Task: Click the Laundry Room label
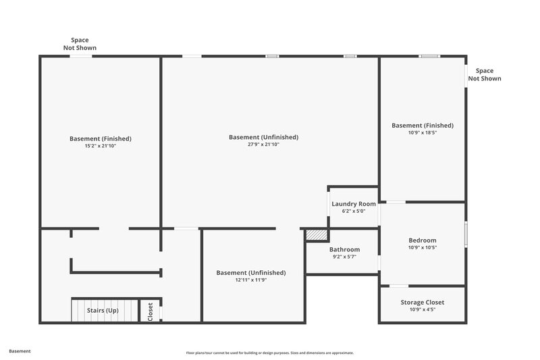pos(354,203)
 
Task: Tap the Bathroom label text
pos(344,249)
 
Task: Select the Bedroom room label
pos(423,240)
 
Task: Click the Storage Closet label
pos(423,302)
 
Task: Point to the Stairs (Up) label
pos(103,311)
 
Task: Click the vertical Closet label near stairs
pos(151,311)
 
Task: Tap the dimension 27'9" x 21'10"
pos(263,145)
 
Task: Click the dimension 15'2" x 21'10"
pos(101,146)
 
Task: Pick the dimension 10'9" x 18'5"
pos(423,133)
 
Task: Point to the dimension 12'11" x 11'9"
pos(251,280)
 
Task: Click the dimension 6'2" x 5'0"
pos(354,211)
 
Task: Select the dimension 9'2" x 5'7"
pos(344,257)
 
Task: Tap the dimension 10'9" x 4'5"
pos(423,309)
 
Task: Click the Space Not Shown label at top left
pos(80,44)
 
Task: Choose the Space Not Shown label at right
pos(485,74)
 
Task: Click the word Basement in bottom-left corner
pos(20,351)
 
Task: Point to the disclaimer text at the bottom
pos(270,353)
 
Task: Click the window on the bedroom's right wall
pos(465,233)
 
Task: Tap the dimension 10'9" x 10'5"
pos(423,248)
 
